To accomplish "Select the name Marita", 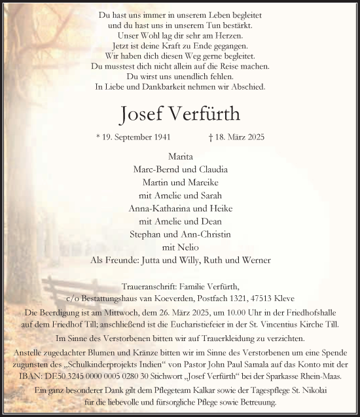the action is tap(180, 157).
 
